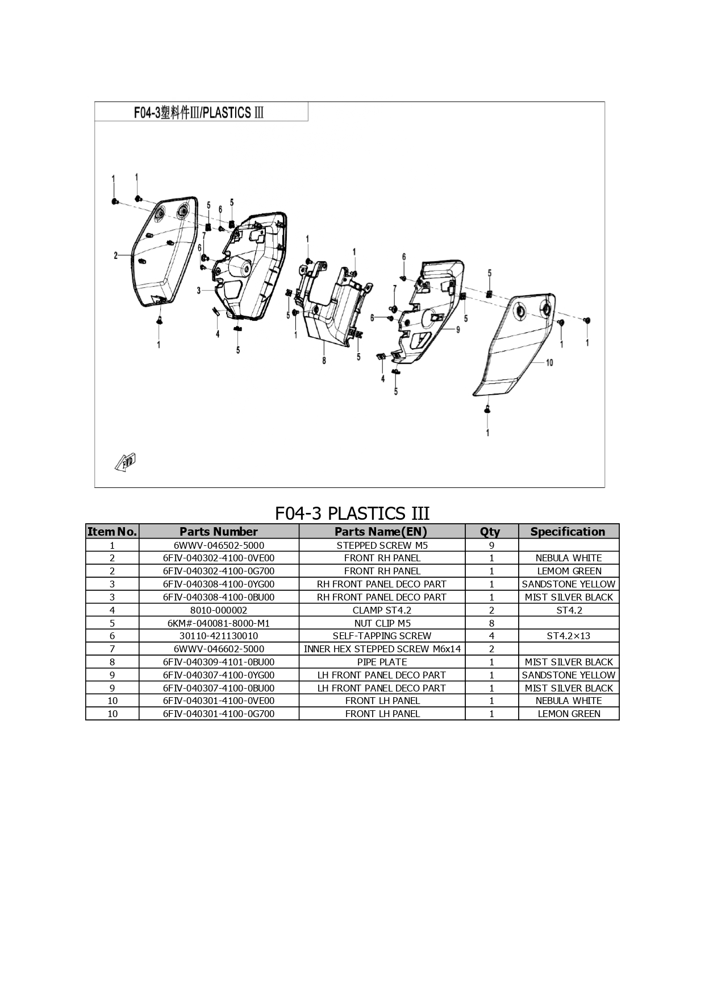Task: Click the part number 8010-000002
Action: click(219, 610)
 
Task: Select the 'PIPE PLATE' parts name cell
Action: click(382, 662)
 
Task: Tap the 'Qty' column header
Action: click(490, 532)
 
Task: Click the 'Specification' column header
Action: click(568, 532)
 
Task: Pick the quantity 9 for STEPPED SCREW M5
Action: click(492, 545)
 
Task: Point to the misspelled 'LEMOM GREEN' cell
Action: click(569, 571)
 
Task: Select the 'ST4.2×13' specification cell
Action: click(569, 636)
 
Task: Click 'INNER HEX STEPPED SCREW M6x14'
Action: click(382, 649)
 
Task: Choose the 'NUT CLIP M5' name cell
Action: click(382, 623)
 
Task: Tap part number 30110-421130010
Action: click(219, 636)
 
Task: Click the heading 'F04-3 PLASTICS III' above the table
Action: click(352, 514)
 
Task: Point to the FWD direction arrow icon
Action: click(126, 462)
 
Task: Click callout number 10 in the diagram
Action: click(549, 362)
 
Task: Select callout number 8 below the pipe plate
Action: click(324, 360)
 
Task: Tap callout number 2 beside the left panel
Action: click(115, 256)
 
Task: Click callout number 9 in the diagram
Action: click(458, 329)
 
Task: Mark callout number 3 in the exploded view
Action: click(199, 291)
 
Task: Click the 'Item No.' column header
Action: click(112, 532)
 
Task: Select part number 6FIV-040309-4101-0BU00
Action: click(219, 662)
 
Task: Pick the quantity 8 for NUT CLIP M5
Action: click(492, 623)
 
